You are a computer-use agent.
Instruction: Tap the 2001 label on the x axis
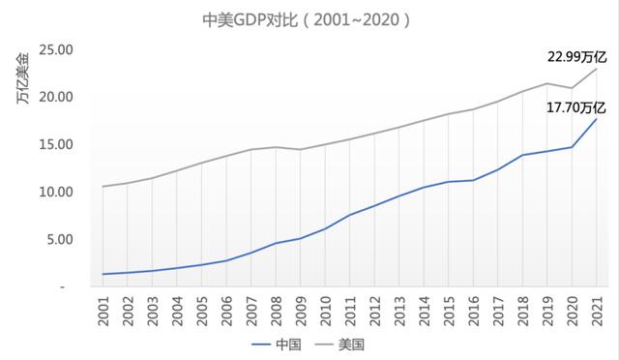pos(103,310)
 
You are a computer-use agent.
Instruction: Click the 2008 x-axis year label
pos(276,310)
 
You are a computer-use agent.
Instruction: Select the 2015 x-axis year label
pos(449,310)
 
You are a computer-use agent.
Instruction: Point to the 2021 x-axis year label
pos(597,310)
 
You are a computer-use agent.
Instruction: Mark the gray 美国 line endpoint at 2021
pos(596,69)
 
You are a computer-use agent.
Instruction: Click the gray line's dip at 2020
pos(572,88)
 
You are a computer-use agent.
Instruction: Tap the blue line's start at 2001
pos(103,274)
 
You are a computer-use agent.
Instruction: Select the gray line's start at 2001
pos(103,186)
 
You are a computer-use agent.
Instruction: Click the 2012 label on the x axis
pos(374,310)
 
